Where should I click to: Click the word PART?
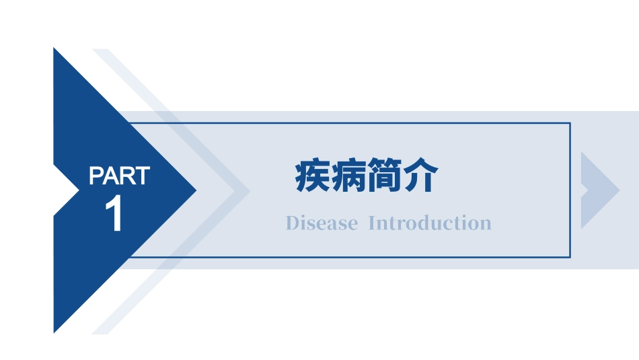coord(119,176)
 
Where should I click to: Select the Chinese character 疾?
coord(313,177)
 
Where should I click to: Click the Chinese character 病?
coord(349,177)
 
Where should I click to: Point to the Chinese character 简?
coord(385,177)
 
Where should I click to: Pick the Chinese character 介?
coord(421,177)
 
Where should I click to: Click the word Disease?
coord(322,223)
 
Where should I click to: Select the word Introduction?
coord(430,223)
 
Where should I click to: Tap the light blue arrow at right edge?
coord(597,190)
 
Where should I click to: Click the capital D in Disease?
coord(291,223)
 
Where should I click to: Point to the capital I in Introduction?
coord(373,223)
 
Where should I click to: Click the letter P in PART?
coord(96,176)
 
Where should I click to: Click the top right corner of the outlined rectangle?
coord(570,123)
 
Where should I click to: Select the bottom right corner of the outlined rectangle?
coord(570,257)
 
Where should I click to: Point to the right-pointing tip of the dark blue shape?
coord(195,190)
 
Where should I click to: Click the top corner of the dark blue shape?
coord(54,49)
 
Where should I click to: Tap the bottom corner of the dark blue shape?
coord(54,331)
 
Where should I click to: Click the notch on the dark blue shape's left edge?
coord(77,190)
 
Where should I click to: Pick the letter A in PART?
coord(112,176)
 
